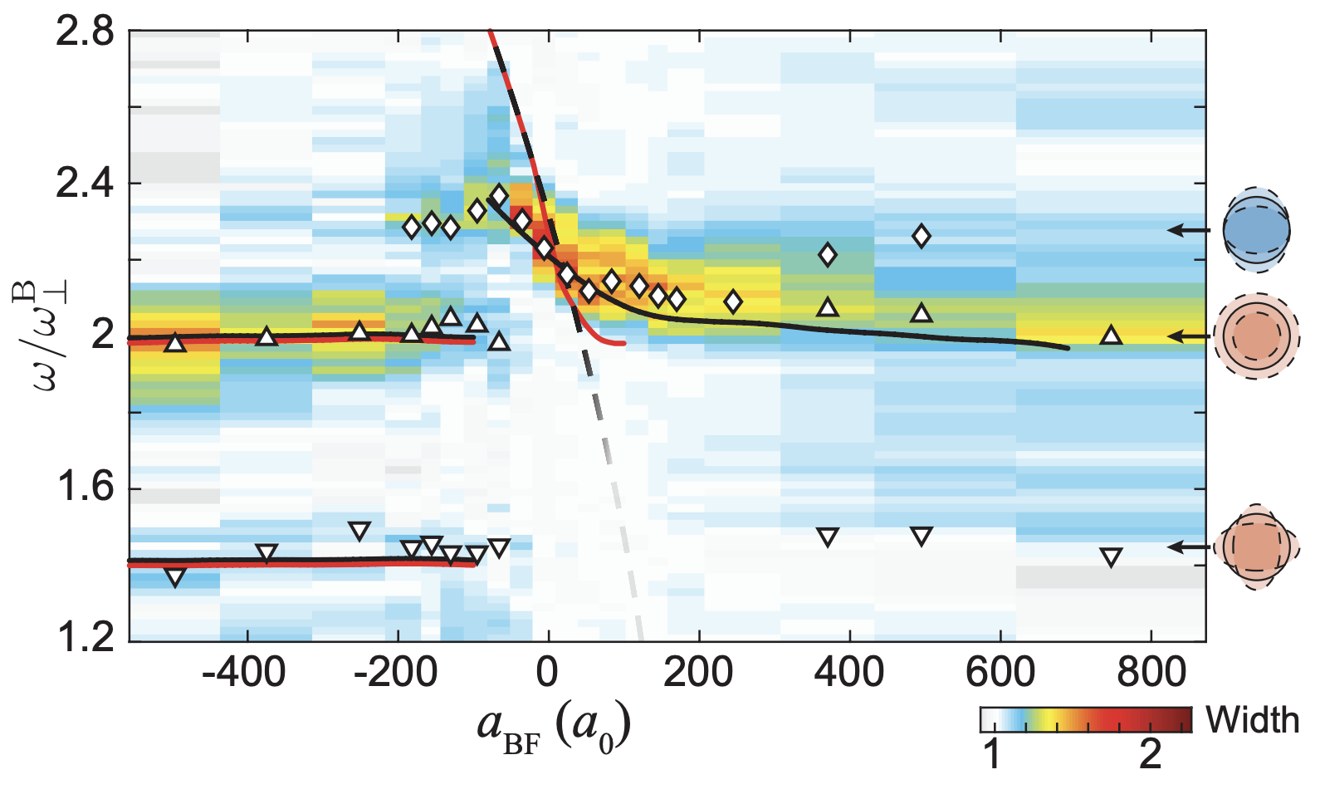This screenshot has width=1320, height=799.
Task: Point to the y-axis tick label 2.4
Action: point(84,184)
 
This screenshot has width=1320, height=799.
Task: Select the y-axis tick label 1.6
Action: point(84,488)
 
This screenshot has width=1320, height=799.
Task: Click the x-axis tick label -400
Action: point(245,671)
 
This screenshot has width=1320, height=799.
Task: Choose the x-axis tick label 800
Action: point(1151,671)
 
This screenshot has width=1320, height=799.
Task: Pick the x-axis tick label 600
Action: point(1000,671)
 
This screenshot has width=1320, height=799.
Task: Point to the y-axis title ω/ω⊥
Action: point(42,336)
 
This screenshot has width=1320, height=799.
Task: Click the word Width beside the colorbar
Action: point(1252,720)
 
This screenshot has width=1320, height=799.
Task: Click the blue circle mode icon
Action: point(1256,230)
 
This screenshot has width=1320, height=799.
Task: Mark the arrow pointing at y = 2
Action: point(1189,336)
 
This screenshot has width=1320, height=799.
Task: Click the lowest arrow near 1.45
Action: point(1189,547)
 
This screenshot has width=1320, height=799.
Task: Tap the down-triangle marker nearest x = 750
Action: point(1111,557)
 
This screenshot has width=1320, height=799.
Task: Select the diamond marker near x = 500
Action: point(921,237)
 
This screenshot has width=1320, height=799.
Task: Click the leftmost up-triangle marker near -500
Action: point(174,342)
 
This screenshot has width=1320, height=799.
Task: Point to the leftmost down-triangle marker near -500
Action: point(174,577)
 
